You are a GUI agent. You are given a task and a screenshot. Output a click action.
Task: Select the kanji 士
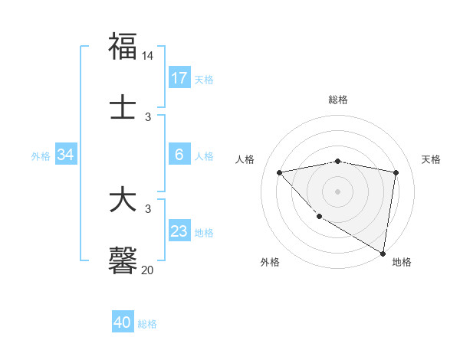point(123,107)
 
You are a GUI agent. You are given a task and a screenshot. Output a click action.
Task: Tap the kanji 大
point(123,200)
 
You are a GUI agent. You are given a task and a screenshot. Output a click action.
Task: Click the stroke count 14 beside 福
point(148,56)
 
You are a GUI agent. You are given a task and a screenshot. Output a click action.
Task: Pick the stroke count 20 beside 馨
point(148,270)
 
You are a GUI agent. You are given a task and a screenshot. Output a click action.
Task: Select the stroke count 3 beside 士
point(148,116)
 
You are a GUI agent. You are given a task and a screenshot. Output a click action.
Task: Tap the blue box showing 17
point(179,78)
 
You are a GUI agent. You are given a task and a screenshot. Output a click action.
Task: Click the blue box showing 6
point(179,155)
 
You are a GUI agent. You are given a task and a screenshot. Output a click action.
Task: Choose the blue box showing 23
point(179,231)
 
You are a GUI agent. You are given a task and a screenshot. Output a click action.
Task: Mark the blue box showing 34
point(66,155)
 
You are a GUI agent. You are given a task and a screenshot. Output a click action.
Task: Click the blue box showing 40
point(123,322)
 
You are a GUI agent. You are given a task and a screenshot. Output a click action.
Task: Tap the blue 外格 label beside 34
point(41,155)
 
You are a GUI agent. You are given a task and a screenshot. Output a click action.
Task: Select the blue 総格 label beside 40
point(147,324)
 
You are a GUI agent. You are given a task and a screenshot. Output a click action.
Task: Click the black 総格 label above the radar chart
point(338,100)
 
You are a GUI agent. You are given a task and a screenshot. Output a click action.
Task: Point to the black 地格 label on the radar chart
point(402,262)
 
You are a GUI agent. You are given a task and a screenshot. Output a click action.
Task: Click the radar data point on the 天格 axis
point(396,172)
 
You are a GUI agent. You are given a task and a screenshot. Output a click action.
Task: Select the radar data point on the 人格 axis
point(280,172)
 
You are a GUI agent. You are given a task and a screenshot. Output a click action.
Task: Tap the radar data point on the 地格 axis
point(383,253)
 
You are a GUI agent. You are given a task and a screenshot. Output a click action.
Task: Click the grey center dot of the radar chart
point(338,191)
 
